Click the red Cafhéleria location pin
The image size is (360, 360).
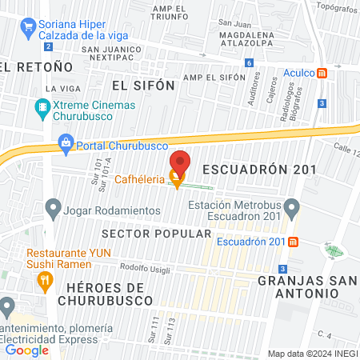tap(180, 162)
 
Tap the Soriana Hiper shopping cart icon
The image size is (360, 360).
tap(28, 25)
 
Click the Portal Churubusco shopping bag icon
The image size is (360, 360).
tap(66, 145)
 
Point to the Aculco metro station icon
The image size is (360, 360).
tap(322, 73)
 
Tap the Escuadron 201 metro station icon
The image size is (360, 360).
tap(294, 242)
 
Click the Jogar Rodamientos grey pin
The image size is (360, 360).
tap(54, 210)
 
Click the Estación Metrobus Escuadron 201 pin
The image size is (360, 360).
tap(293, 210)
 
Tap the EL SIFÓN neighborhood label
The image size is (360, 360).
tap(142, 84)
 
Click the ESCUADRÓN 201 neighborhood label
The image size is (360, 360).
tap(259, 170)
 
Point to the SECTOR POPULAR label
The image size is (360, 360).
tap(156, 234)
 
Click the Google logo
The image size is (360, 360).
tap(27, 350)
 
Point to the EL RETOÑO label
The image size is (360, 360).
tap(26, 66)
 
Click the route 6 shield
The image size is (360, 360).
tap(250, 62)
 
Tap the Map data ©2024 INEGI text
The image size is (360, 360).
tap(311, 353)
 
